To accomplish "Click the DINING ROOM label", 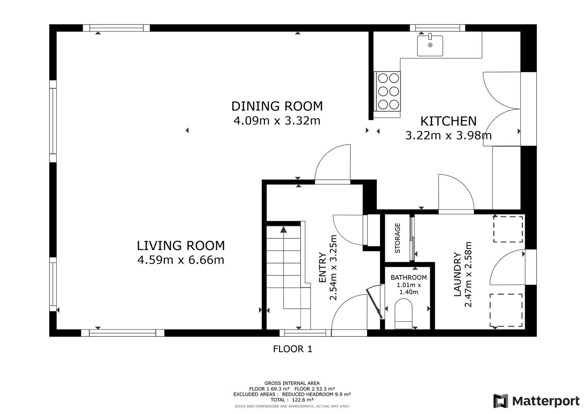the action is coord(277,106).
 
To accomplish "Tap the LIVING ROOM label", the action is coord(181,246).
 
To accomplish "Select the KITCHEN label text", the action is coord(448,121).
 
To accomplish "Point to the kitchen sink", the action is coord(430,46).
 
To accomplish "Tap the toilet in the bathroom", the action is coord(403,314).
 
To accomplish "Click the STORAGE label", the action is coord(397,238).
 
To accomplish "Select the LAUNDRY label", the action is coord(457,274).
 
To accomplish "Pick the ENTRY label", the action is coord(323,267).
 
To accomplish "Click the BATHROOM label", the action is coord(409,278).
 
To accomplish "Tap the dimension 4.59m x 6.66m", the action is coord(181,260).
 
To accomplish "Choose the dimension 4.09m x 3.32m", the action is coord(277,121).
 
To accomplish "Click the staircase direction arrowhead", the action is coord(284,229).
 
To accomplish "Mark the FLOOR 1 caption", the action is coord(293,349).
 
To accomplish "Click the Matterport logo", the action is coord(536,401).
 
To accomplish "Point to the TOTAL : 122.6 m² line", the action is coord(292,400).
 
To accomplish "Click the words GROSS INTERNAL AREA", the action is coord(292,383).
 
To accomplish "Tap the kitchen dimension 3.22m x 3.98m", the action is coord(448,136).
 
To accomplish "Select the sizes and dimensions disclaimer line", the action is coord(292,406).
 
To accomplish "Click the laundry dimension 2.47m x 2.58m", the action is coord(468,274).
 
